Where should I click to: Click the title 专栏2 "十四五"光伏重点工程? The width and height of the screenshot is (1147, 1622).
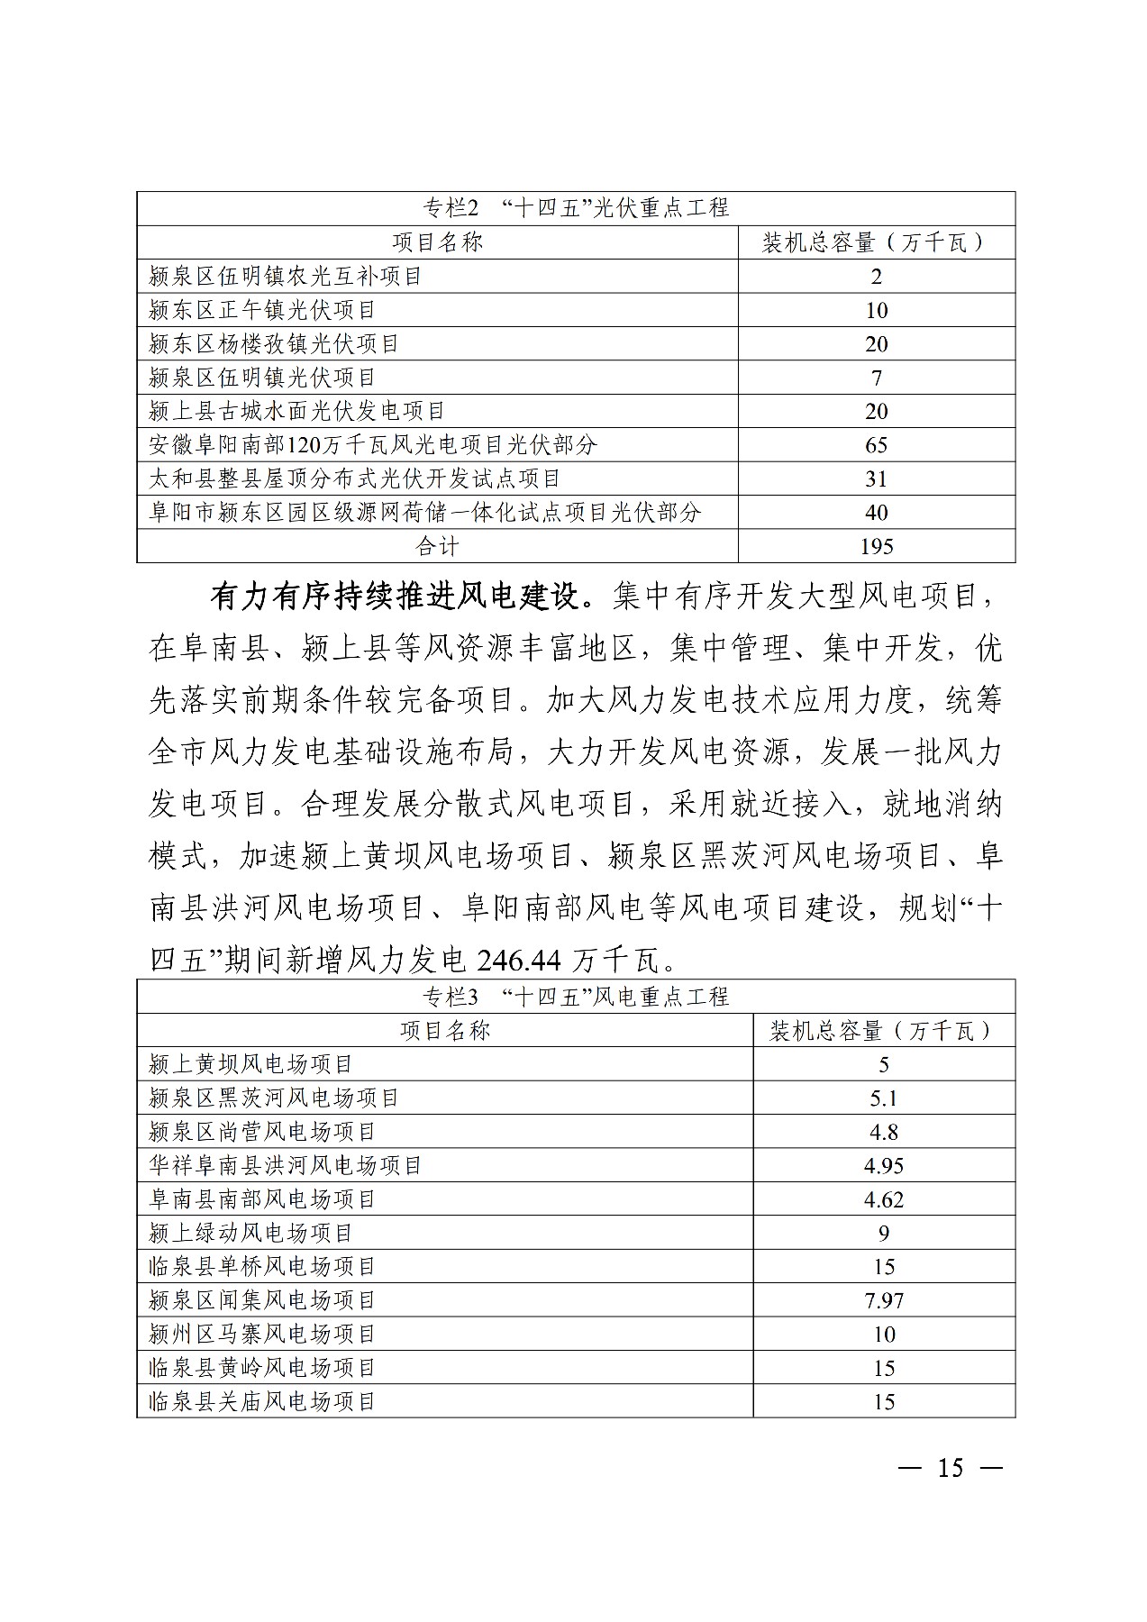point(576,208)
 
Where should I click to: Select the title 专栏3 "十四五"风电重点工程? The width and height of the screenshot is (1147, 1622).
point(576,997)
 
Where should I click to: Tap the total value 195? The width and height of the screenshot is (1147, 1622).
point(876,546)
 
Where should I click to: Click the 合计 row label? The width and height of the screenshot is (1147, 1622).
point(437,546)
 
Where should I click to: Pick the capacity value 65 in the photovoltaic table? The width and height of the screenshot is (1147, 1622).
point(876,445)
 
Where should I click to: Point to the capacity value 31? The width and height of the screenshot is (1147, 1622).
point(876,479)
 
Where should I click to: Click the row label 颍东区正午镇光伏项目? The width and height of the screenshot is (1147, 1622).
point(262,311)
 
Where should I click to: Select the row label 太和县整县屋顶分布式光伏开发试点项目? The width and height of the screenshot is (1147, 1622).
point(355,478)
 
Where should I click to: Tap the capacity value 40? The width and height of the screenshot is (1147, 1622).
point(876,513)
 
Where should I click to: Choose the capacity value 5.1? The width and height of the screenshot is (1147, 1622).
point(883,1098)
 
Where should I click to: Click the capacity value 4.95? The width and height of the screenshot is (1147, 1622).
point(883,1166)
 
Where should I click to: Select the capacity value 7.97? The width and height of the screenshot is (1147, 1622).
point(883,1301)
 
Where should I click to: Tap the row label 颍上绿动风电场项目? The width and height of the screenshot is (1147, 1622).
point(250,1233)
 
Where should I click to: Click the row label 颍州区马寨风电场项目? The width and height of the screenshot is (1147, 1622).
point(262,1334)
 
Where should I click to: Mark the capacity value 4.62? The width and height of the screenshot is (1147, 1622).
point(883,1199)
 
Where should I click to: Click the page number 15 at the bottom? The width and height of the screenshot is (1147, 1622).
point(951,1468)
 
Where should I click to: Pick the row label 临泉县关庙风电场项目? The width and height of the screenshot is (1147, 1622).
point(262,1401)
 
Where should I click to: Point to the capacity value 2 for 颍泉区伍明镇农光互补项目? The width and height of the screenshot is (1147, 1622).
point(876,277)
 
